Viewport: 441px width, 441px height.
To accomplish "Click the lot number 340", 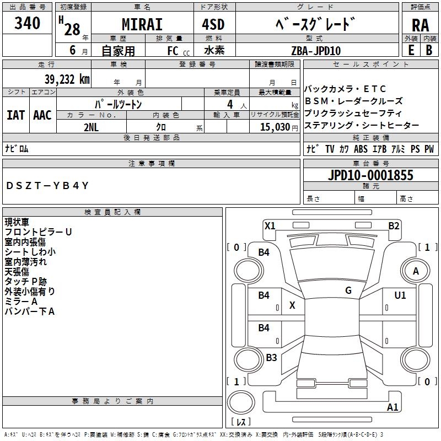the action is (x=28, y=23).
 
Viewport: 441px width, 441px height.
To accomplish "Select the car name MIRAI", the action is (x=141, y=25).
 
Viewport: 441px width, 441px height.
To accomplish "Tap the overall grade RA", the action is (x=420, y=25).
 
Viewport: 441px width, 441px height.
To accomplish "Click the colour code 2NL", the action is (x=91, y=126).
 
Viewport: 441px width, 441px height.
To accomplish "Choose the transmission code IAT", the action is (x=15, y=115).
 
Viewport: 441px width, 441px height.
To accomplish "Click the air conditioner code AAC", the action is (x=42, y=115).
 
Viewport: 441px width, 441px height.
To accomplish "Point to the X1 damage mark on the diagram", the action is (x=270, y=225).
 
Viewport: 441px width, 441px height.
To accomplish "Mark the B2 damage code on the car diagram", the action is (x=394, y=225).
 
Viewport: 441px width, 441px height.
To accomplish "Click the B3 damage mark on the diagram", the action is (x=271, y=358).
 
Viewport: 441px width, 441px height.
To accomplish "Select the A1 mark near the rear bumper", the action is (x=392, y=407).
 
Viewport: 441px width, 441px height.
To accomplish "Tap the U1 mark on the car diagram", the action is (x=400, y=295).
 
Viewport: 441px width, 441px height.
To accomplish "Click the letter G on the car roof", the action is (x=348, y=290).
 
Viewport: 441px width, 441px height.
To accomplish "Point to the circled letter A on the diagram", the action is (x=416, y=271).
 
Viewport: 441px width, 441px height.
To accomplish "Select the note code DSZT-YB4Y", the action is (x=47, y=186).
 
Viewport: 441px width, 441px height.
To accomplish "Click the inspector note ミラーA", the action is (x=21, y=302).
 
